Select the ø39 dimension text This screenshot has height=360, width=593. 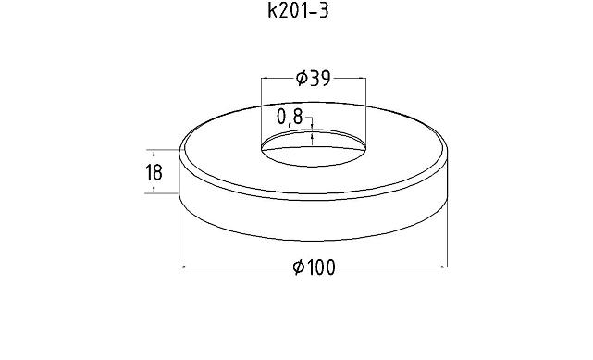(x=313, y=79)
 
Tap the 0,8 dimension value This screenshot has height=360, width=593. (x=290, y=118)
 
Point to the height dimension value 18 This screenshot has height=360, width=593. (x=154, y=171)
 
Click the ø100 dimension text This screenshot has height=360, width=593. (x=313, y=267)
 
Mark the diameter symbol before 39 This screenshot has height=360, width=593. (x=301, y=79)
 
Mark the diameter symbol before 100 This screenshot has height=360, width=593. (x=298, y=267)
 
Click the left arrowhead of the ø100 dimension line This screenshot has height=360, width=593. (x=182, y=267)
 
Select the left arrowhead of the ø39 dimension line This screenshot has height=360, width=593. (x=265, y=79)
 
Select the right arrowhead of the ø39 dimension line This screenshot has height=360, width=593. (x=363, y=79)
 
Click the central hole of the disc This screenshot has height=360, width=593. (x=313, y=146)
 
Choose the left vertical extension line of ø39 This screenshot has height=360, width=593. (x=262, y=106)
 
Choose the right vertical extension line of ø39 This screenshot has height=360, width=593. (x=365, y=106)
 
